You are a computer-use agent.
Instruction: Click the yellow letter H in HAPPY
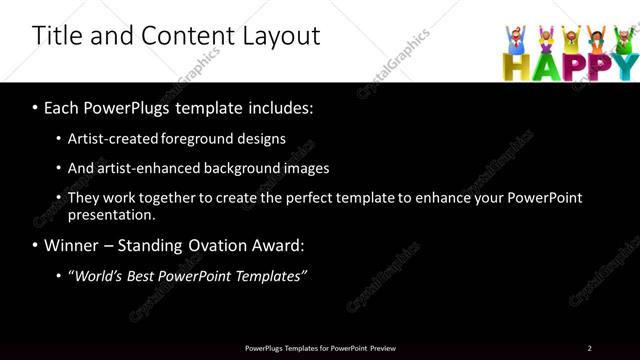coord(512,66)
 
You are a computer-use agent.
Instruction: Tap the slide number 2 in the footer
coord(590,348)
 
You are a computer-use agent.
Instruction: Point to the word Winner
coord(73,245)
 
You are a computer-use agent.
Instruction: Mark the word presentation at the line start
coord(111,215)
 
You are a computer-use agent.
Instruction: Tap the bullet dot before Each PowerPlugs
coord(36,107)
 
